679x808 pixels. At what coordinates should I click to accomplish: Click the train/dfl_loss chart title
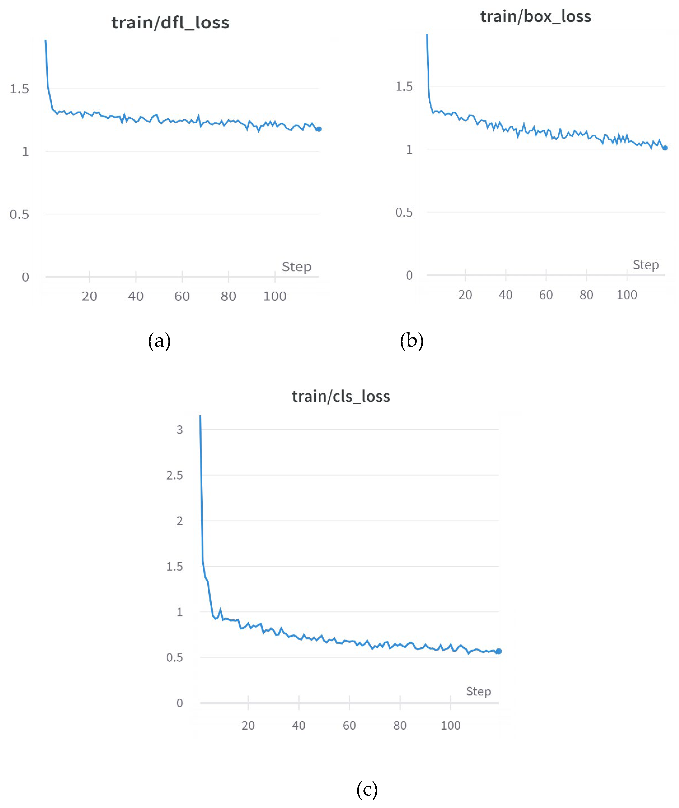pos(170,23)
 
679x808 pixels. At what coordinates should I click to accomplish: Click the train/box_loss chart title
pos(535,16)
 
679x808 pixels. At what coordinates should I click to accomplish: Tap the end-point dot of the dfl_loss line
pos(319,129)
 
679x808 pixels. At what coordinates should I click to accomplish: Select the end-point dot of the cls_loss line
pos(498,651)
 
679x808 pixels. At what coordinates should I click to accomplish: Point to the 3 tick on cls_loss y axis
pos(179,430)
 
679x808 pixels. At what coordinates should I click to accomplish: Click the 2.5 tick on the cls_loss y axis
pos(174,475)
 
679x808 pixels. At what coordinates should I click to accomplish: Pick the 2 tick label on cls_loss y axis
pos(179,521)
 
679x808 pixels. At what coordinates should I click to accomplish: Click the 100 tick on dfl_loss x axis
pos(275,296)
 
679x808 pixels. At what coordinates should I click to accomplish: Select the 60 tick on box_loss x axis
pos(546,295)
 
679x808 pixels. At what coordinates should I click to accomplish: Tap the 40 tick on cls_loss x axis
pos(299,726)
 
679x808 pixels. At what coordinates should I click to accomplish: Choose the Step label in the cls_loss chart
pos(478,691)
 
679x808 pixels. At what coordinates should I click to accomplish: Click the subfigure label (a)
pos(159,341)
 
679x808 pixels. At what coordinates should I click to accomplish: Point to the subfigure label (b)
pos(411,341)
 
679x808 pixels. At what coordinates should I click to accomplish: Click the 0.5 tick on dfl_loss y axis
pos(19,214)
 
